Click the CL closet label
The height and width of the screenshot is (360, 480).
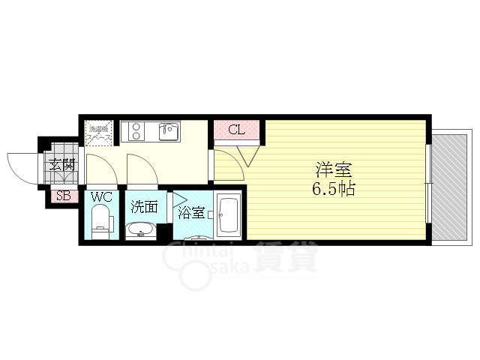pos(236,130)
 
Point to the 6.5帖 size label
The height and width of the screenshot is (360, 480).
pos(333,189)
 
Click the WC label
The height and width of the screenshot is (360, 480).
pos(101,198)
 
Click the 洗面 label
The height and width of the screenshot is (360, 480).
pos(143,207)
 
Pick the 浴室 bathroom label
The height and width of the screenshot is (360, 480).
pos(190,213)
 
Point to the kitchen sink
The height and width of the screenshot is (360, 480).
pos(168,132)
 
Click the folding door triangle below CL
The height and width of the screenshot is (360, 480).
pos(247,155)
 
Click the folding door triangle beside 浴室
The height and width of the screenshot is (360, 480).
pos(180,199)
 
